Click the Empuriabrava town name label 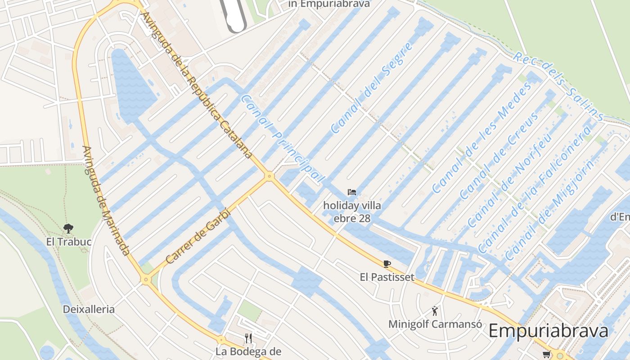[548, 331]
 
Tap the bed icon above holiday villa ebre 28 [352, 193]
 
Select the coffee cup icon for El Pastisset [387, 264]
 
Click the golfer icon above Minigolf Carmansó [435, 310]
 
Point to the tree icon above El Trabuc [68, 229]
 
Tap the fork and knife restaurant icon [248, 337]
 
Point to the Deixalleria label [89, 310]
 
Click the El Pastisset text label [387, 277]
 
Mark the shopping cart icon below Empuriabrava [546, 355]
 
